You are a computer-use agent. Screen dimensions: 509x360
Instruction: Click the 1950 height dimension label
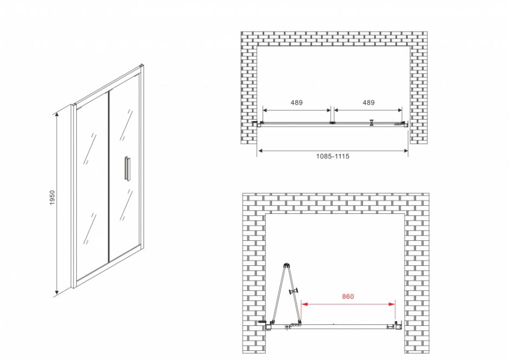[x=53, y=198]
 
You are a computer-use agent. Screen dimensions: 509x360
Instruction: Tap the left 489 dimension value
[x=296, y=102]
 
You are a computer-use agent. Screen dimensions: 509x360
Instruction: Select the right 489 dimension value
[x=368, y=102]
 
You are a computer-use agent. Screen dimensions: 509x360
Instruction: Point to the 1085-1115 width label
[x=332, y=156]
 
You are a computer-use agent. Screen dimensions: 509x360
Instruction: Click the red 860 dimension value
[x=348, y=296]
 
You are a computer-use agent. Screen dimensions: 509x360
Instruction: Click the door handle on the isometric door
[x=127, y=168]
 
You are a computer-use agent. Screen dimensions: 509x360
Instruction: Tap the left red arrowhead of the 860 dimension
[x=304, y=304]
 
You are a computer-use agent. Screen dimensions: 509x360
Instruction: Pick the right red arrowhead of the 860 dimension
[x=392, y=304]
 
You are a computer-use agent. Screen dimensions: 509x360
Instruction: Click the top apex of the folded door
[x=286, y=265]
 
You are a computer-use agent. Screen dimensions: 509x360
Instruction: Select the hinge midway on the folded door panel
[x=295, y=291]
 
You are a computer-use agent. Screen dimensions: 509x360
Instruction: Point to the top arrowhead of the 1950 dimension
[x=57, y=114]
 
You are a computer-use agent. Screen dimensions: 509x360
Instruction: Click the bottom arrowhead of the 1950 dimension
[x=57, y=293]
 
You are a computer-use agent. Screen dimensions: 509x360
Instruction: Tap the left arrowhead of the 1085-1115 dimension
[x=260, y=150]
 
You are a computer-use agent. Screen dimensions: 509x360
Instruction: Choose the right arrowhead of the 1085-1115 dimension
[x=405, y=150]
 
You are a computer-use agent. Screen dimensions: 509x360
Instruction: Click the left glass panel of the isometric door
[x=92, y=188]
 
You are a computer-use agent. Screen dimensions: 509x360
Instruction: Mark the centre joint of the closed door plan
[x=332, y=123]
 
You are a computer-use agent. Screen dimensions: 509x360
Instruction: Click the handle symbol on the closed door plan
[x=371, y=122]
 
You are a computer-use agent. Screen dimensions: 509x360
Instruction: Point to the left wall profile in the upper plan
[x=258, y=123]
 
